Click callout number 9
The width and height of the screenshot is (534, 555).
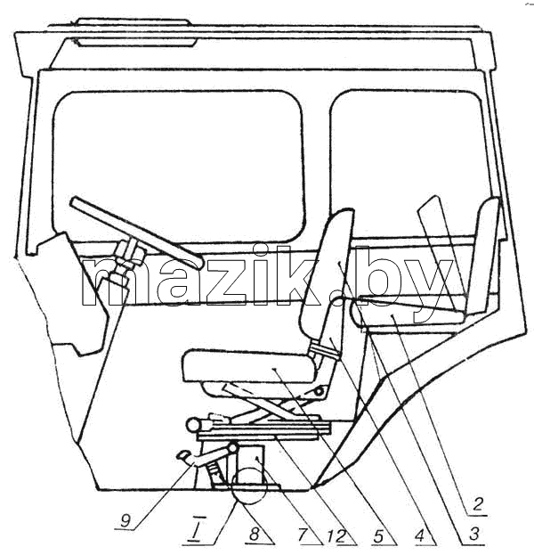[x=125, y=520]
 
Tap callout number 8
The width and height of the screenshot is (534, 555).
[x=255, y=535]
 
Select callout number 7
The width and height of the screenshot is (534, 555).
[x=302, y=535]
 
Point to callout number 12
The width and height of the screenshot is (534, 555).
[x=337, y=536]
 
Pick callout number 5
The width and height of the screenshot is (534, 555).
[x=378, y=536]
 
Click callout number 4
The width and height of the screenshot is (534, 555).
[x=419, y=535]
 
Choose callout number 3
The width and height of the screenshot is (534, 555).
[x=473, y=534]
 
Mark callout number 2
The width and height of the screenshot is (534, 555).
[x=478, y=504]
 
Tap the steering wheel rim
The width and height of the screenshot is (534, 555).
[x=136, y=233]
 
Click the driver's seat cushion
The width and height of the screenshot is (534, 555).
[x=248, y=365]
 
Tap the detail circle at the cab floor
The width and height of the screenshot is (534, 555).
[x=248, y=486]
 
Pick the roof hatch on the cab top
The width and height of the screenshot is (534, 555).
[x=134, y=33]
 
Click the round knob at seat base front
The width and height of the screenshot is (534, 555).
[x=194, y=424]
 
